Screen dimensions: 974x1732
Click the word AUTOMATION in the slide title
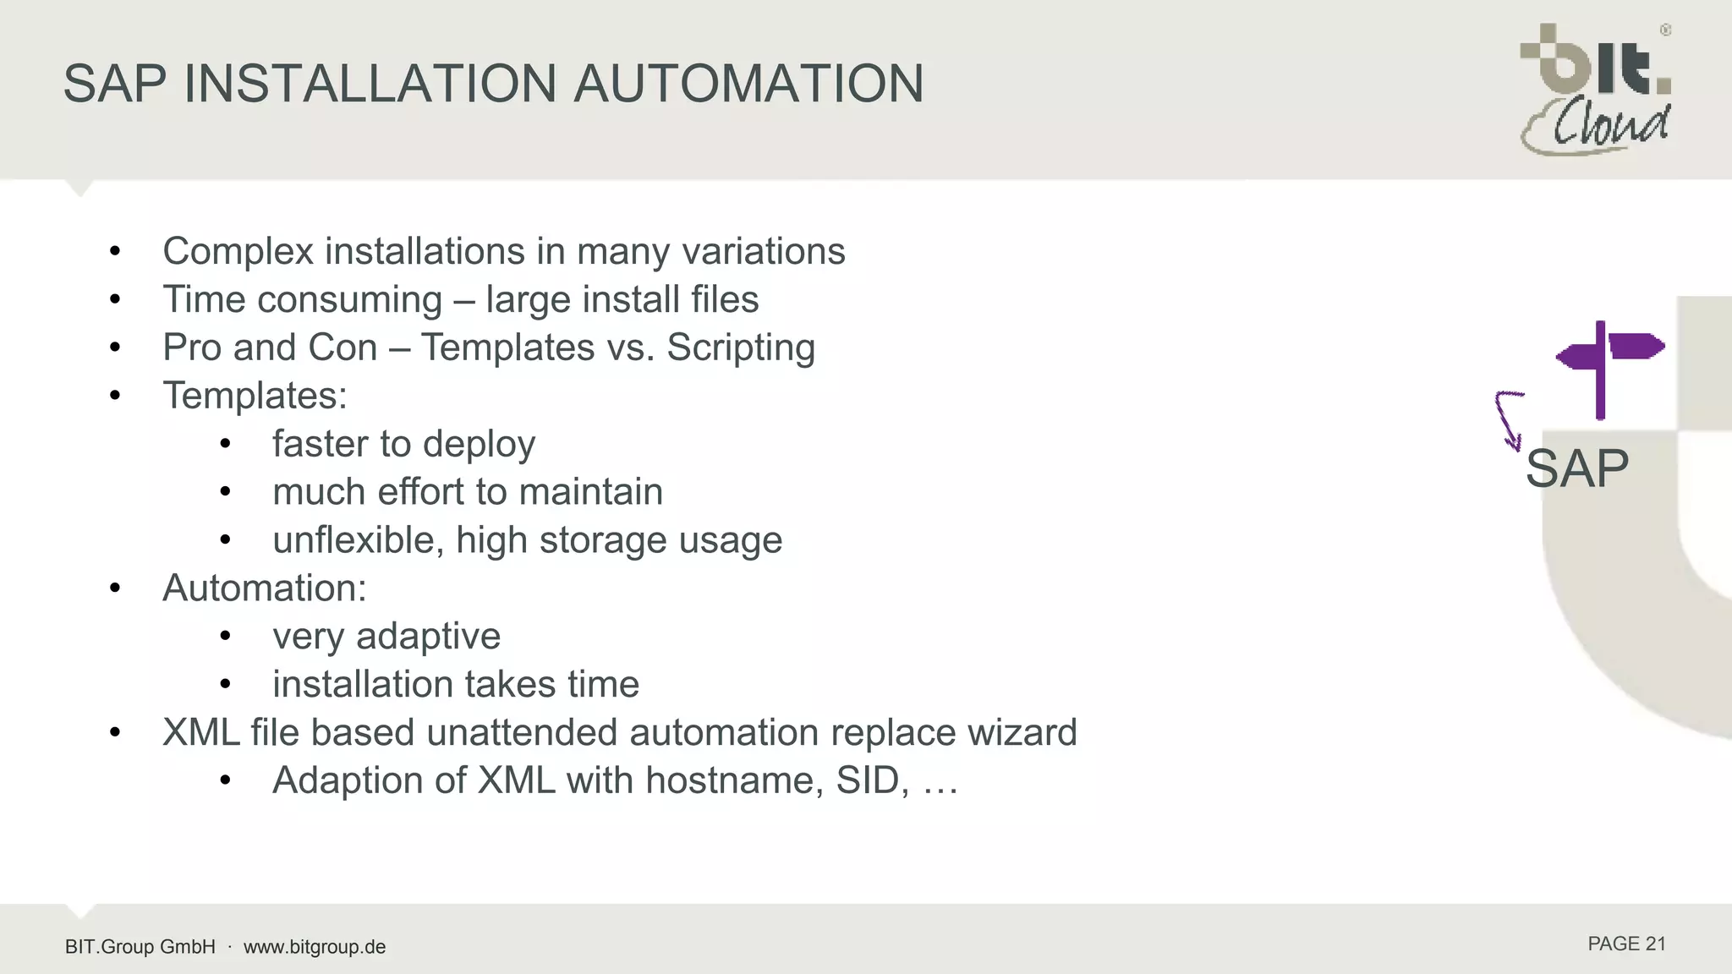tap(748, 84)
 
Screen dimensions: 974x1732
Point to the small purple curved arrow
tap(1508, 419)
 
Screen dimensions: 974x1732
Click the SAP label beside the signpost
tap(1576, 468)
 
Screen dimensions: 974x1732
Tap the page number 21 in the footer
tap(1655, 944)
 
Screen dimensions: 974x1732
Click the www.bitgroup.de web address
tap(315, 947)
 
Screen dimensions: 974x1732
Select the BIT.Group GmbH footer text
tap(140, 947)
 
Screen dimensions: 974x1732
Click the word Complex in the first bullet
tap(238, 252)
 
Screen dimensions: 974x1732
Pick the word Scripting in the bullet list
tap(741, 347)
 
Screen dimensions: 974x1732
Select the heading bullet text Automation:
tap(265, 588)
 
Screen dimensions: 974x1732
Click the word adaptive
tap(428, 637)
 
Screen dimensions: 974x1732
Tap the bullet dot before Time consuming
tap(116, 299)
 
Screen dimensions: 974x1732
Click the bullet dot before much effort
tap(225, 491)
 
